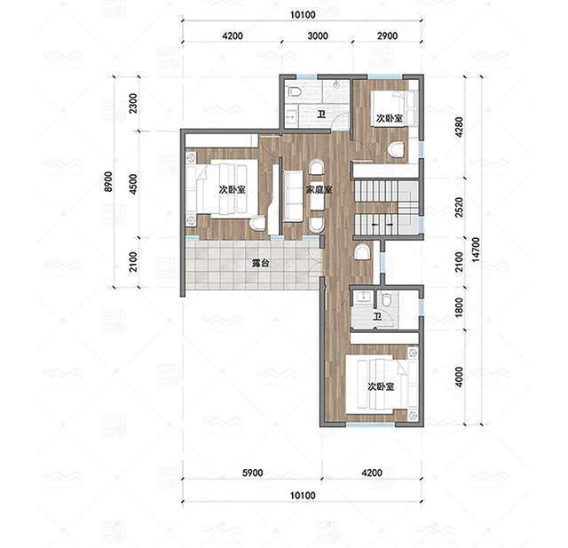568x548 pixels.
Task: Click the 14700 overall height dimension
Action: [x=476, y=250]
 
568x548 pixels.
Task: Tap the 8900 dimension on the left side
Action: [x=108, y=181]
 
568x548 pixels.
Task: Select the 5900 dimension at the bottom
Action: [x=252, y=473]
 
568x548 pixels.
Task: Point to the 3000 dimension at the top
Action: [x=318, y=36]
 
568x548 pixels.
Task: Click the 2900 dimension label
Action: [x=387, y=36]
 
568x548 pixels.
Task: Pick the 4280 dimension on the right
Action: [x=459, y=127]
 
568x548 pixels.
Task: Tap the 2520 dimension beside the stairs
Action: [x=459, y=207]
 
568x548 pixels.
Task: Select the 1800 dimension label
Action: [x=459, y=307]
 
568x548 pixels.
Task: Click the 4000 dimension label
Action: [x=459, y=377]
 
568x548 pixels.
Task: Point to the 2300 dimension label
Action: [x=133, y=103]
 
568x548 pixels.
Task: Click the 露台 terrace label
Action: [x=260, y=263]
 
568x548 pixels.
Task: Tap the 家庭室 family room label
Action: [x=319, y=189]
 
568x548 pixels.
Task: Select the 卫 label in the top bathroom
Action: [x=321, y=115]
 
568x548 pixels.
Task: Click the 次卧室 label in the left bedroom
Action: [x=233, y=189]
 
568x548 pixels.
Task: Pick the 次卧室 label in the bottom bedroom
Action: [x=381, y=386]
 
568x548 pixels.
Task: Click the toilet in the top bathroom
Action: [x=295, y=91]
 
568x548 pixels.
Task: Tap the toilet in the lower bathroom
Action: [x=386, y=299]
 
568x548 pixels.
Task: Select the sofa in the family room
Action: [x=293, y=195]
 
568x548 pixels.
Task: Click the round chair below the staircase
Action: [x=362, y=252]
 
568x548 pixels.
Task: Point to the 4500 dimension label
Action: [x=133, y=184]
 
